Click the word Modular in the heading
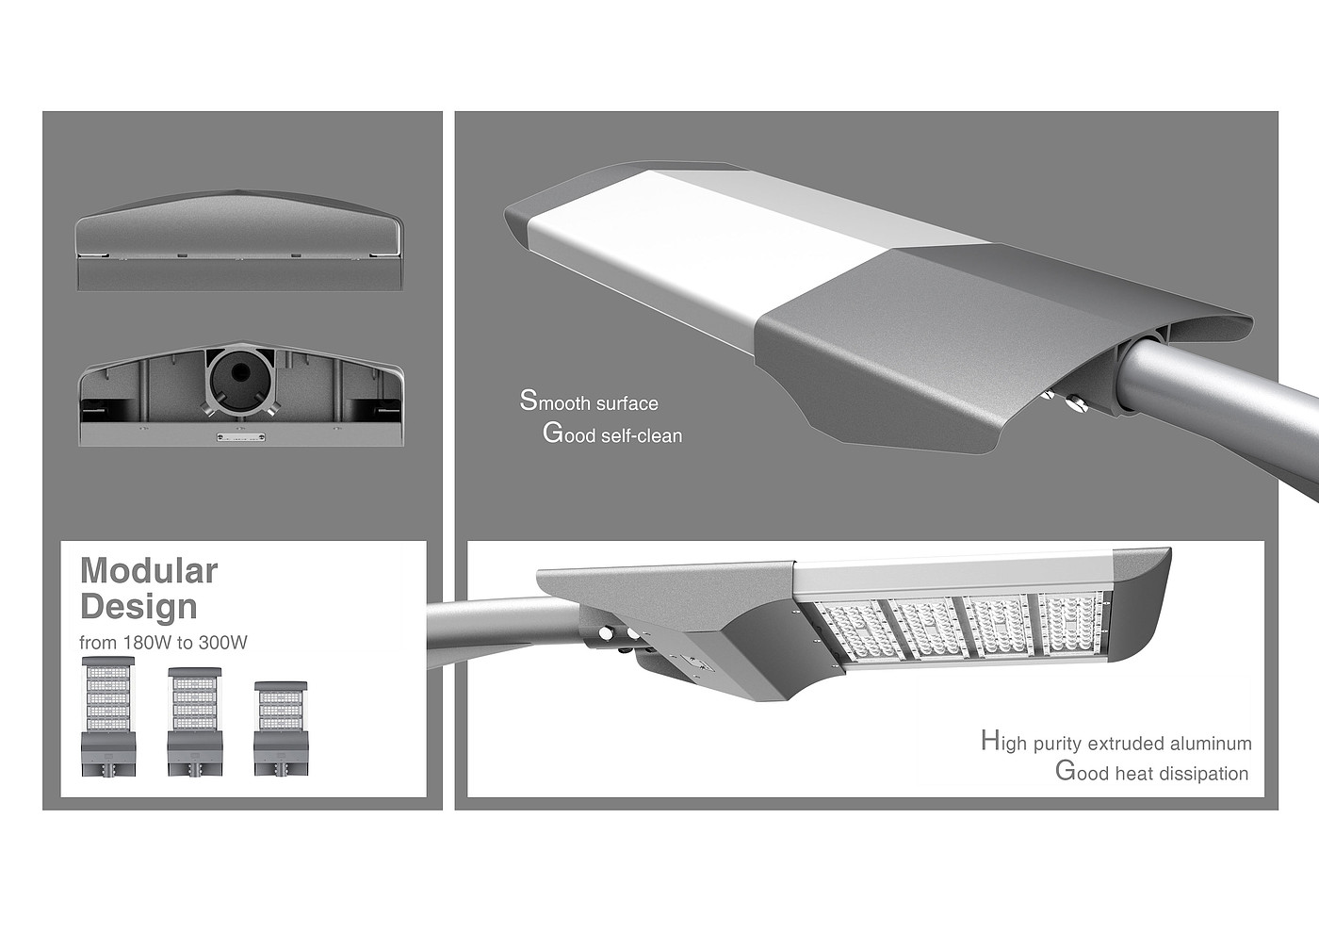(x=149, y=570)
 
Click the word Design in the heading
(x=139, y=607)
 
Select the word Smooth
(x=555, y=401)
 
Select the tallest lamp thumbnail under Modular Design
(x=108, y=715)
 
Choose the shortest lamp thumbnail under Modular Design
(x=281, y=728)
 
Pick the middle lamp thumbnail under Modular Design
(x=194, y=722)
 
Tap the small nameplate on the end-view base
(x=240, y=437)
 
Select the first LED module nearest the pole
(x=862, y=632)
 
